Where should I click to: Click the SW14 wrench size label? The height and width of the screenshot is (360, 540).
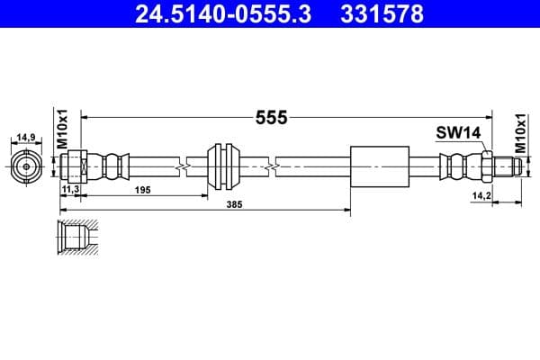click(x=459, y=132)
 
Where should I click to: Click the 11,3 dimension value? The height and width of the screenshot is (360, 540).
click(x=70, y=191)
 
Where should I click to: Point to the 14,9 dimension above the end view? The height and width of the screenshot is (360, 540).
click(x=25, y=138)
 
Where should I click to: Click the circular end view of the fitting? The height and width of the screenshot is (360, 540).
click(x=26, y=166)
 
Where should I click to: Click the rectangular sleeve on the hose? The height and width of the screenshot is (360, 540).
click(x=377, y=166)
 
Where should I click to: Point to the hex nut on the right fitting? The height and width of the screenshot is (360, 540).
click(x=486, y=166)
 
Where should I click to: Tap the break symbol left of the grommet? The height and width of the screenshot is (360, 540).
click(x=184, y=166)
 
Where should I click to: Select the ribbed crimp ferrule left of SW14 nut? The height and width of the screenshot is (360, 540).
click(x=457, y=166)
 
